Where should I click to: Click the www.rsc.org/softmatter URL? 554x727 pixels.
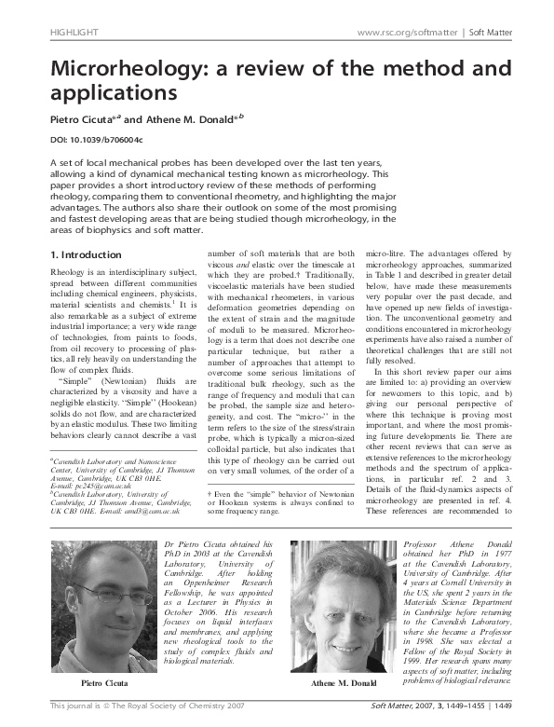pos(399,33)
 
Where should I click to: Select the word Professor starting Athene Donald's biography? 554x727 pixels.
pos(423,543)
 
